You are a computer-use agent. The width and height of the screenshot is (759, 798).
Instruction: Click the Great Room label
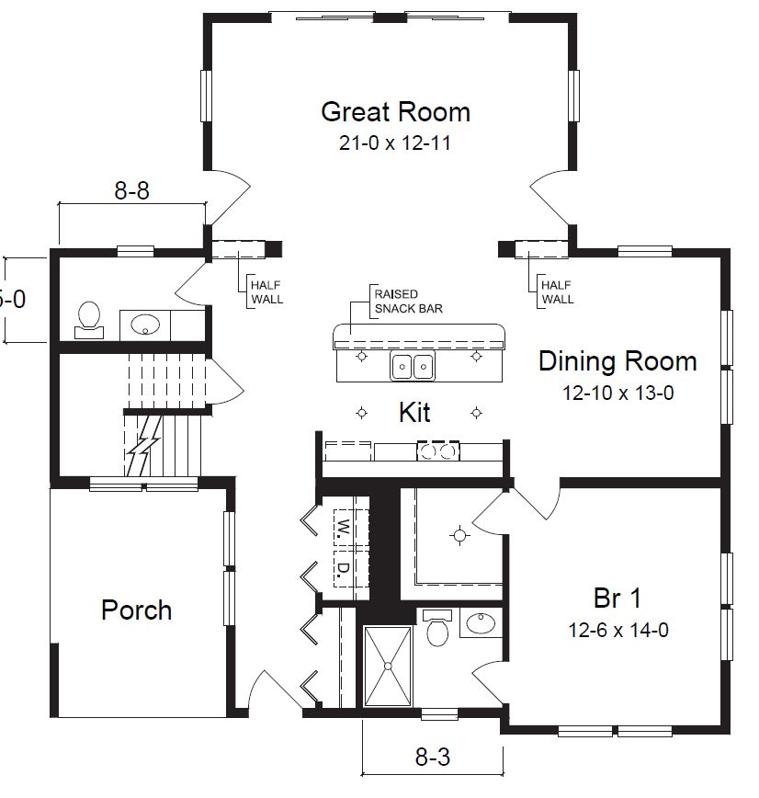[x=395, y=112]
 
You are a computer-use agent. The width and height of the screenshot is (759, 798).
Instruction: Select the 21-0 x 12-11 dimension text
[x=395, y=143]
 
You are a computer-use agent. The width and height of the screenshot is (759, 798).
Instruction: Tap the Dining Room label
[x=617, y=361]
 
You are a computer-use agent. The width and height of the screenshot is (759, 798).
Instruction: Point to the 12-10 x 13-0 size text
[x=618, y=393]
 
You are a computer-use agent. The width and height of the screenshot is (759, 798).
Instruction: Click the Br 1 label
[x=617, y=598]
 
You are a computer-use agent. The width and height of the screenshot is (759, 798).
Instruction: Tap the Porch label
[x=136, y=610]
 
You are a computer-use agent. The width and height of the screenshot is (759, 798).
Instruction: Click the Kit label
[x=414, y=412]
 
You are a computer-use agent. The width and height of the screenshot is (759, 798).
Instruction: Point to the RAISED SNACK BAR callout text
[x=407, y=302]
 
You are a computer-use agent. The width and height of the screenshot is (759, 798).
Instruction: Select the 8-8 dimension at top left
[x=131, y=191]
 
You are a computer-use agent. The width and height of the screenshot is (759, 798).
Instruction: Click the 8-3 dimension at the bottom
[x=432, y=758]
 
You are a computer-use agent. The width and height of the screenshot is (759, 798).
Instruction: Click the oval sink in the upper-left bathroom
[x=145, y=325]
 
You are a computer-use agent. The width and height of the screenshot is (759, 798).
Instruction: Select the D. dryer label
[x=342, y=570]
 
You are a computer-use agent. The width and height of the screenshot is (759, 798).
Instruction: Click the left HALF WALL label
[x=266, y=292]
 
